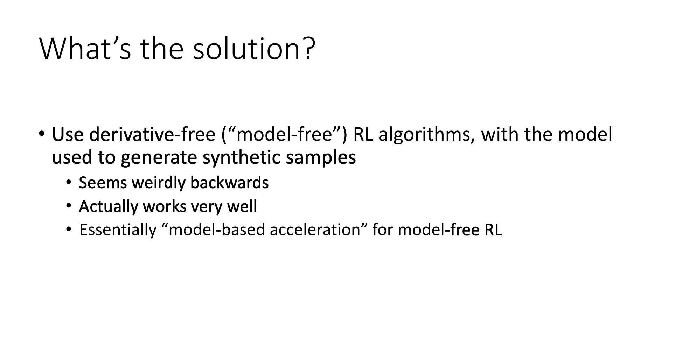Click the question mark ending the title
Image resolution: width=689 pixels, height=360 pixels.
308,48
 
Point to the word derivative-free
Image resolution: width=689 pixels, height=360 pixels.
152,135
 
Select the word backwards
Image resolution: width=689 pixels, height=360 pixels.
229,183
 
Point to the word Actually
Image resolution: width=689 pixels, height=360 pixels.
108,207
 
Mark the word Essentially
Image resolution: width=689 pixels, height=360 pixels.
118,230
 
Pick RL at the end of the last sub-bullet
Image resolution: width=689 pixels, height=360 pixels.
493,230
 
